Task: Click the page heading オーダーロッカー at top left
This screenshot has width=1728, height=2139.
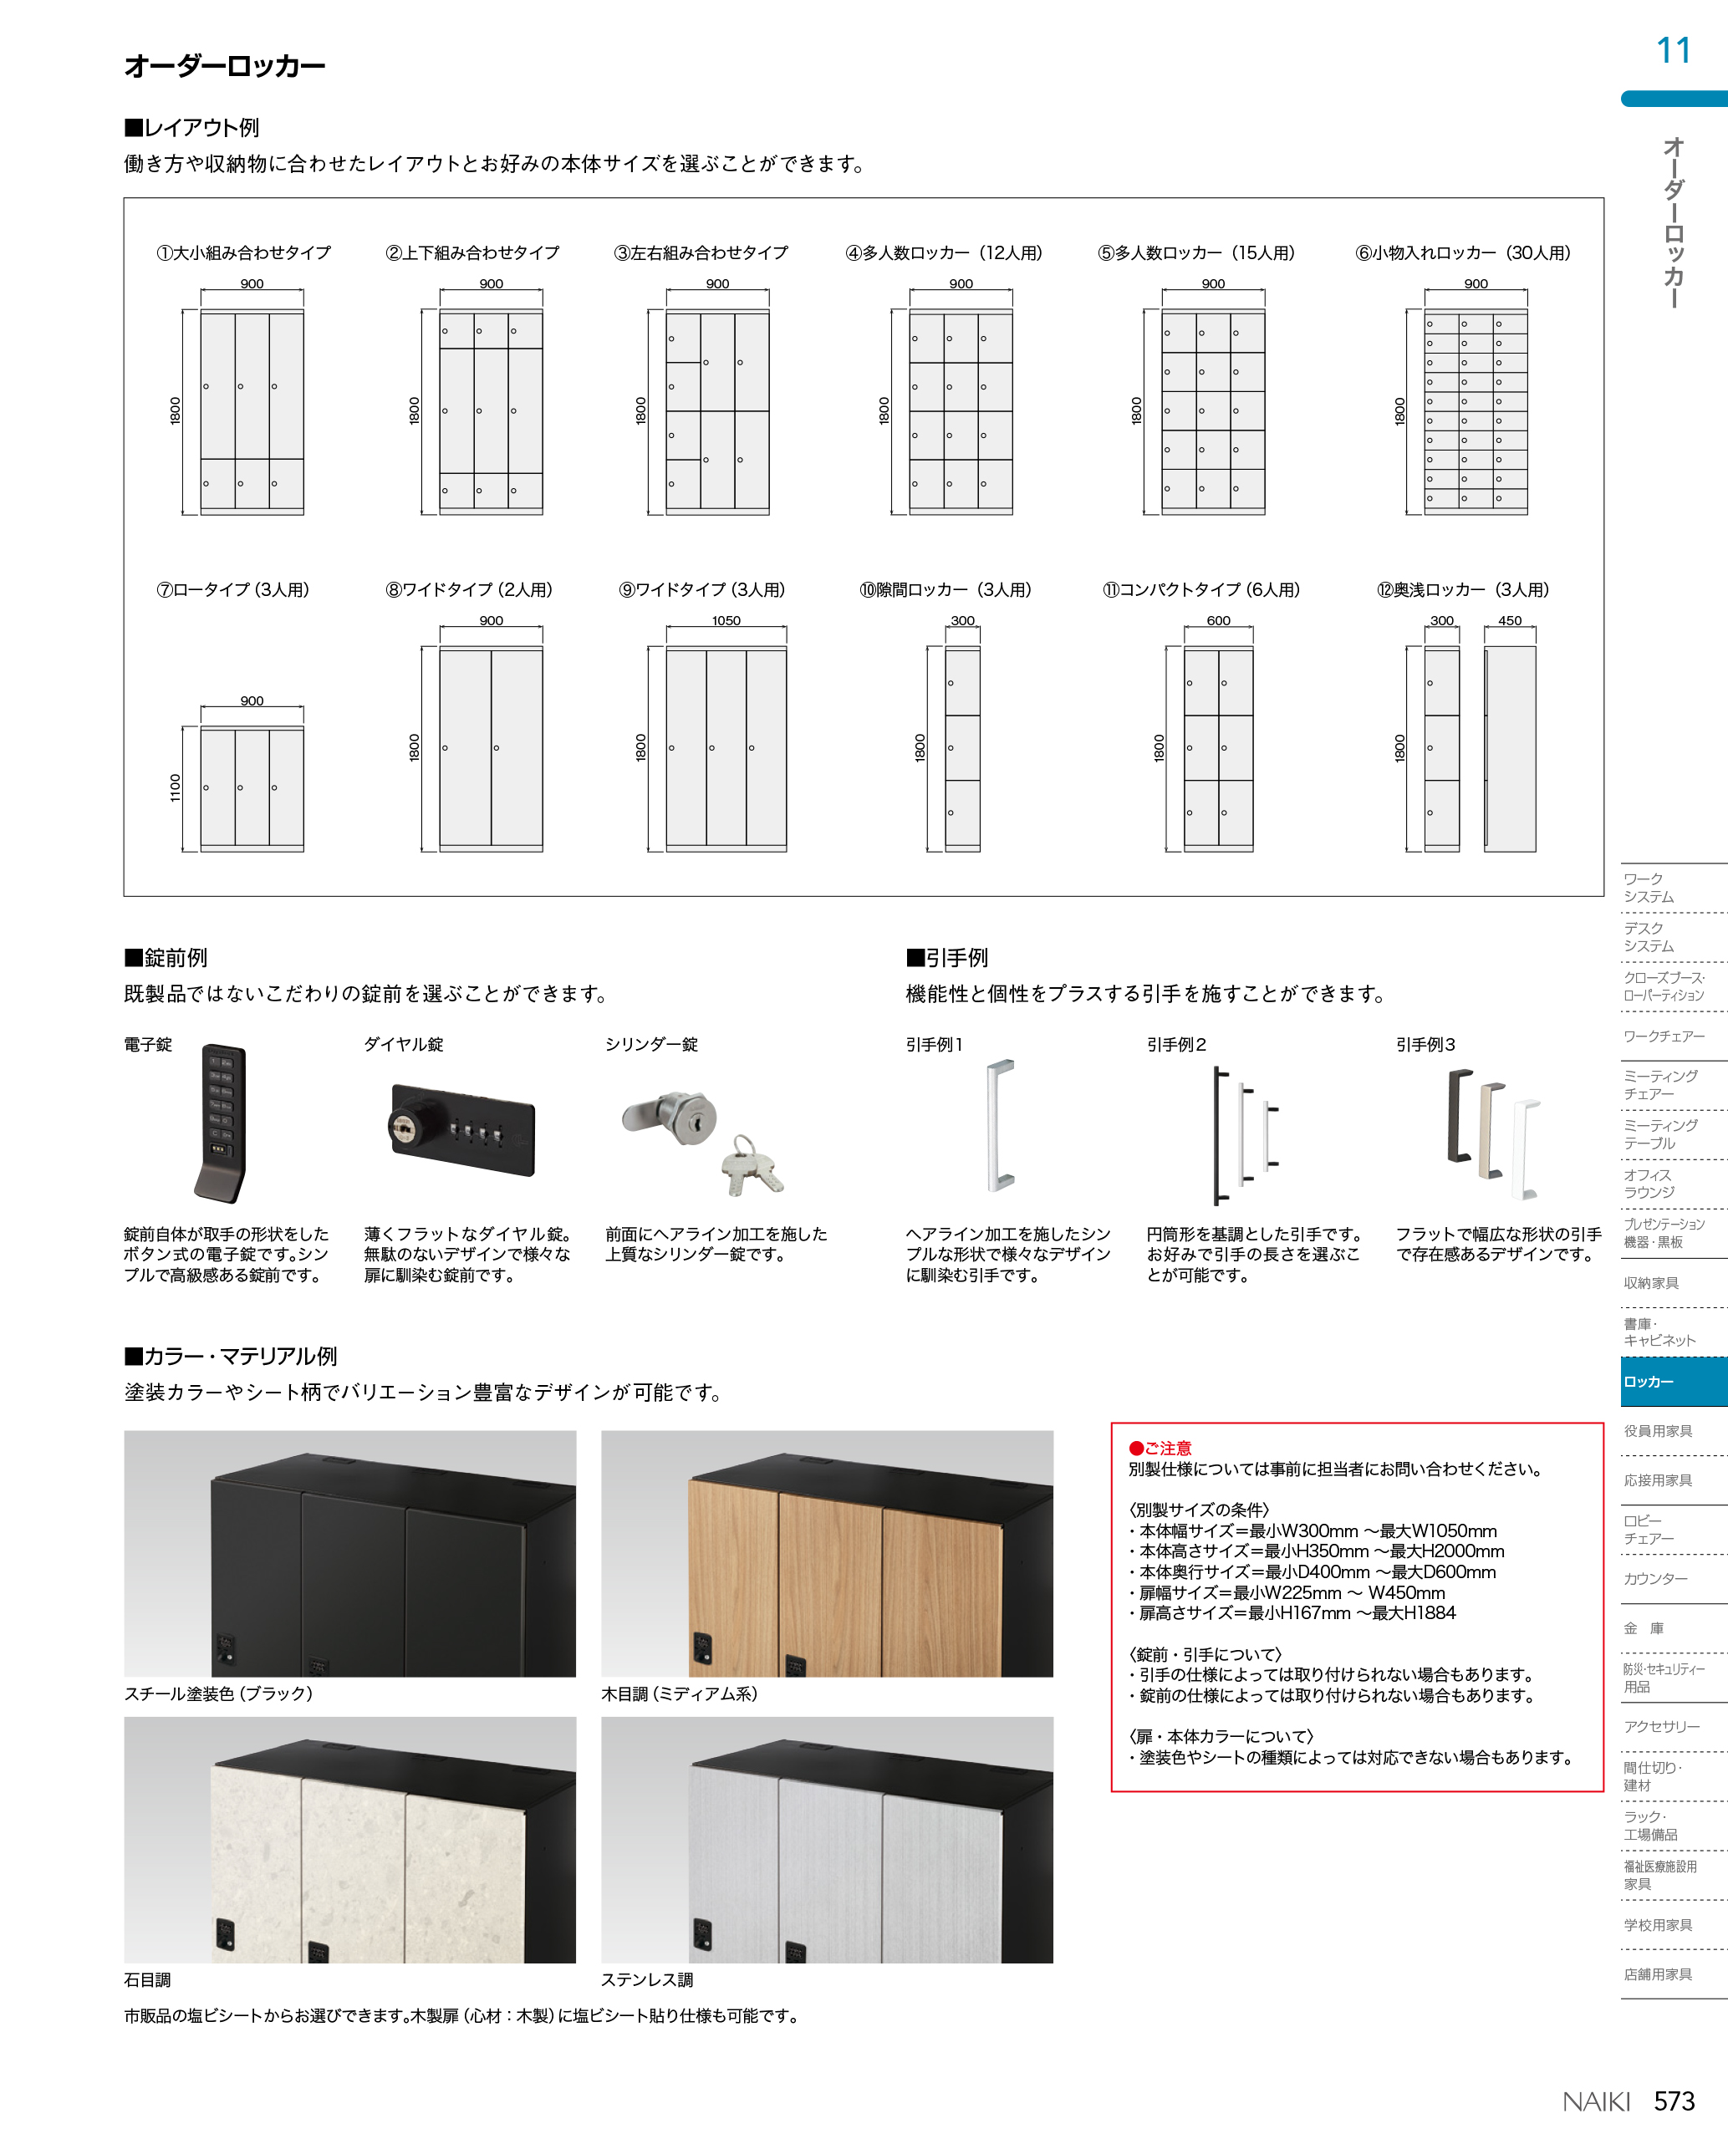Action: [x=225, y=67]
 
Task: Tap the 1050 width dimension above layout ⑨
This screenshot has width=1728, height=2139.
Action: [x=726, y=620]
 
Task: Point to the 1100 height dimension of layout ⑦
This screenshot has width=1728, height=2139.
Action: [x=176, y=787]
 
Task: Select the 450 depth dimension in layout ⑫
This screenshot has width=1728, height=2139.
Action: [x=1509, y=620]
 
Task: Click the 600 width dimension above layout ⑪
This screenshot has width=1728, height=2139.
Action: [x=1217, y=620]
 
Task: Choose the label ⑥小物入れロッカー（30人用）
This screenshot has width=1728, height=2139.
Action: [x=1462, y=252]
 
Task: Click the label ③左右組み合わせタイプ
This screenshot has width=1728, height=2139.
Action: [x=701, y=252]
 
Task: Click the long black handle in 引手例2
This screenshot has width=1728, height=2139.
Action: [x=1218, y=1134]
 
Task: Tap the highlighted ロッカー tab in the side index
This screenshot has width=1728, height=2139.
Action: [x=1672, y=1382]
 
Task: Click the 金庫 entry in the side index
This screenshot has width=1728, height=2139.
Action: [x=1644, y=1628]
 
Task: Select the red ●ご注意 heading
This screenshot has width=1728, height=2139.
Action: [x=1160, y=1449]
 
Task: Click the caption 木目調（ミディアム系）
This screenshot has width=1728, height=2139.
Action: [x=679, y=1694]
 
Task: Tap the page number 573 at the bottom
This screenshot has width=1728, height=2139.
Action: [x=1674, y=2101]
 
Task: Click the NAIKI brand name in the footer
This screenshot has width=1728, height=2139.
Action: [x=1596, y=2101]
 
